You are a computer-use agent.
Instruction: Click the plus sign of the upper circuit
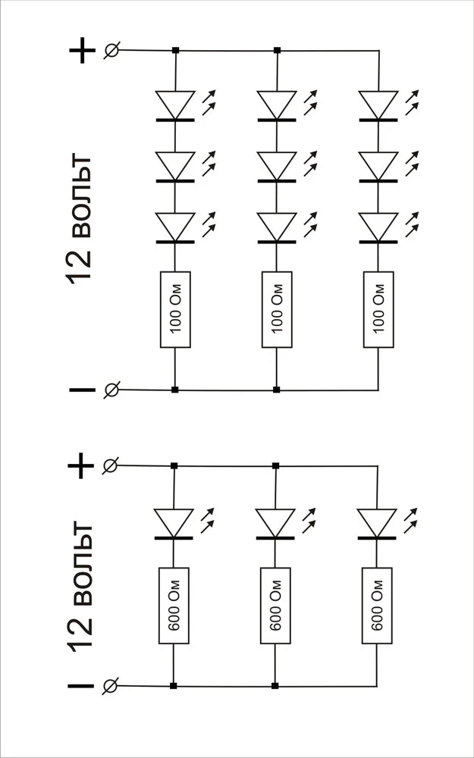pos(82,51)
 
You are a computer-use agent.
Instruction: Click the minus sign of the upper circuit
pos(82,390)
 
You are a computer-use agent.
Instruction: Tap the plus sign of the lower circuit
pos(82,465)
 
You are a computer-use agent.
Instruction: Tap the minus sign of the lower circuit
pos(82,687)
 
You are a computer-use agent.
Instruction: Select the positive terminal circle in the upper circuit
pos(111,51)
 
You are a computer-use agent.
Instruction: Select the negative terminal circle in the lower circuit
pos(111,687)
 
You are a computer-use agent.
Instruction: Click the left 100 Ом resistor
pos(175,309)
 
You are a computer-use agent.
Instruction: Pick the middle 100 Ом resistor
pos(276,309)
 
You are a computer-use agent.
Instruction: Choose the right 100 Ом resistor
pos(378,309)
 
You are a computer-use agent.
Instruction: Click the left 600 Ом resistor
pos(174,606)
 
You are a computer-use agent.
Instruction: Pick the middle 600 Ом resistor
pos(275,606)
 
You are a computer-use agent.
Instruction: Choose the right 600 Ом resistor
pos(376,606)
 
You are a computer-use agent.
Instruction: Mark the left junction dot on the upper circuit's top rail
pos(175,51)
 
